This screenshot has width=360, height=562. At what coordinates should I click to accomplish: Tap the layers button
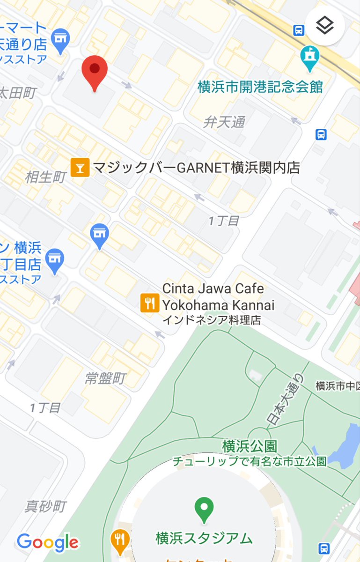[x=325, y=26]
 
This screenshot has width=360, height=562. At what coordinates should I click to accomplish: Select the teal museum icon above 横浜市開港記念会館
[x=309, y=58]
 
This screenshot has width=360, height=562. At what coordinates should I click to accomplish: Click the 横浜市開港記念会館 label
[x=260, y=87]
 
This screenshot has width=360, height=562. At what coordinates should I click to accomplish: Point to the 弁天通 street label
[x=224, y=123]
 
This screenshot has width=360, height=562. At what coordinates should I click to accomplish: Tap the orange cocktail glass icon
[x=80, y=168]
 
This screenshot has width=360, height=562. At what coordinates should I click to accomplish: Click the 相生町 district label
[x=45, y=177]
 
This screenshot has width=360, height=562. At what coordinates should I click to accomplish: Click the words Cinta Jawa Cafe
[x=213, y=288]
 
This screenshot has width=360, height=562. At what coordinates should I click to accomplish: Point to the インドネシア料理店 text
[x=211, y=321]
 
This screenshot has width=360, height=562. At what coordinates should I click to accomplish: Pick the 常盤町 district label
[x=105, y=378]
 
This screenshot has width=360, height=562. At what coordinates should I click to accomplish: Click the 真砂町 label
[x=45, y=506]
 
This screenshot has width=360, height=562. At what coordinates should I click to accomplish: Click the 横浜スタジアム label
[x=204, y=538]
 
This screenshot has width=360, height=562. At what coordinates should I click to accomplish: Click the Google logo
[x=48, y=542]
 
